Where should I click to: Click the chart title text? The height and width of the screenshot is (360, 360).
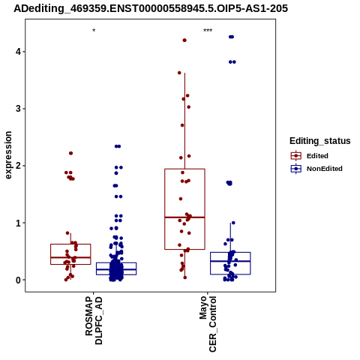(151, 9)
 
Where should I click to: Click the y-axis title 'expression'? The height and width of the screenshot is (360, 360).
(8, 155)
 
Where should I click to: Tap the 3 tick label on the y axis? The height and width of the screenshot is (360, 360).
(19, 109)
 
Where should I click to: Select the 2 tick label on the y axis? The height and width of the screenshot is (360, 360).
(19, 166)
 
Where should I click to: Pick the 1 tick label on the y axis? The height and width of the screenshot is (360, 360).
(19, 223)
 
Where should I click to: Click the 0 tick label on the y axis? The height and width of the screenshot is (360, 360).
(19, 280)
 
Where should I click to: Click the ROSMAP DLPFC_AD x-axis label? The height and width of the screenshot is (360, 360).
(94, 320)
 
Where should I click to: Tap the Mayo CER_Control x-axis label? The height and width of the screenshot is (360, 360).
(208, 324)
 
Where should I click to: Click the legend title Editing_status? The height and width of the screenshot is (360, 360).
(320, 141)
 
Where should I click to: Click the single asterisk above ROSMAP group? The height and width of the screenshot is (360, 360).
(94, 31)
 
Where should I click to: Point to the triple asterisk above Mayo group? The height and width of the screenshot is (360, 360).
(208, 31)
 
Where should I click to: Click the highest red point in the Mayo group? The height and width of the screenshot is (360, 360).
(184, 40)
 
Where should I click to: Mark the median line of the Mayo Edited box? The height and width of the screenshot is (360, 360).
(184, 217)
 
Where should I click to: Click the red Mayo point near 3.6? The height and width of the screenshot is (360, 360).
(179, 73)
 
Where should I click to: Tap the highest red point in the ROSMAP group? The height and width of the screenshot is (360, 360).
(70, 153)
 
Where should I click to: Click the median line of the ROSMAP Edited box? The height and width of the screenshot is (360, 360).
(70, 257)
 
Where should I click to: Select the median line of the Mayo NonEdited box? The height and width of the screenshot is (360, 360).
(230, 261)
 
